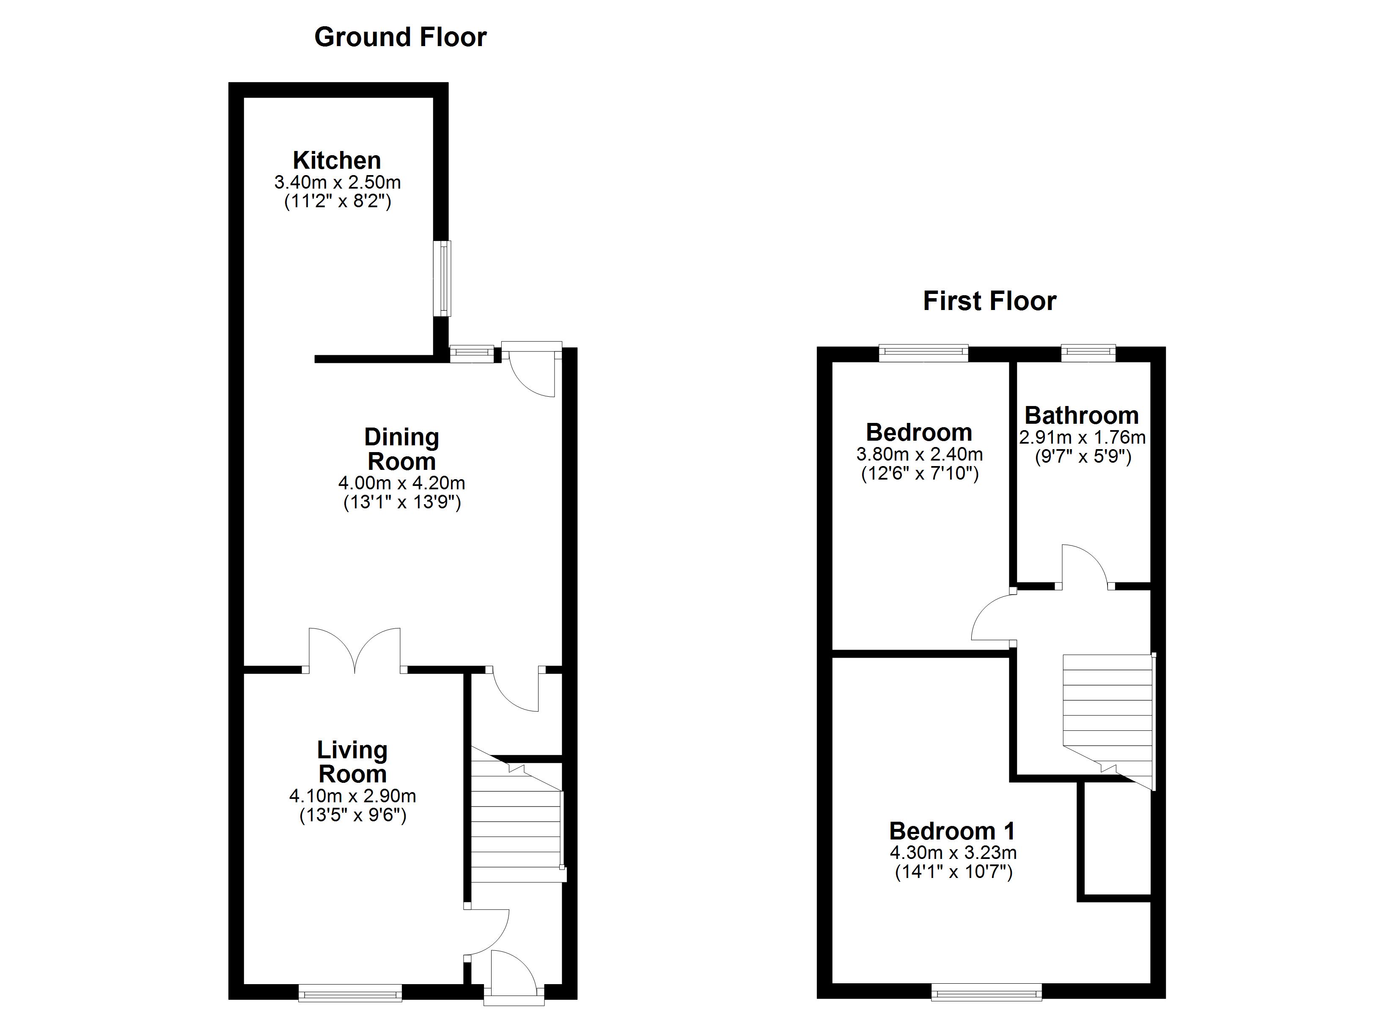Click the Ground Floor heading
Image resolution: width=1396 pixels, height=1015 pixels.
[400, 38]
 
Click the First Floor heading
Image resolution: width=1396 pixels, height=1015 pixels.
[989, 302]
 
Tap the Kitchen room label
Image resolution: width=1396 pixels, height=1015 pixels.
[337, 161]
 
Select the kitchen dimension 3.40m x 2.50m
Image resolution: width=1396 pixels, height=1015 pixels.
[337, 183]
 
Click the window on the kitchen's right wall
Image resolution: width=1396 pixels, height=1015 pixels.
[442, 279]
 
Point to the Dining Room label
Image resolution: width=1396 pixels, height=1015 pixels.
[401, 449]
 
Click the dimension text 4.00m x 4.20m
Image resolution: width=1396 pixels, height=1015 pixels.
[401, 483]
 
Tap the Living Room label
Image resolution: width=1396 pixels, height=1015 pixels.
[352, 762]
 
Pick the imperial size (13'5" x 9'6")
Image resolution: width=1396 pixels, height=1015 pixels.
[353, 815]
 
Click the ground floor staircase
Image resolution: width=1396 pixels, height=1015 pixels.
[516, 822]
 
